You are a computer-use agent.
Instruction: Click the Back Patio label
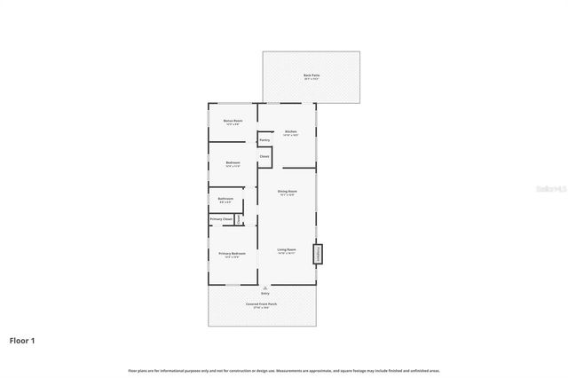pyautogui.click(x=311, y=75)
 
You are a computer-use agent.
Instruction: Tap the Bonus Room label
pyautogui.click(x=233, y=121)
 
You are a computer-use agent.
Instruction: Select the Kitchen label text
pyautogui.click(x=290, y=132)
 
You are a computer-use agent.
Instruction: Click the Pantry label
pyautogui.click(x=264, y=140)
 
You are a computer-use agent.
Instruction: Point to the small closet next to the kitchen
pyautogui.click(x=264, y=157)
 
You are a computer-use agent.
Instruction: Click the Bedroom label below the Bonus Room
pyautogui.click(x=233, y=163)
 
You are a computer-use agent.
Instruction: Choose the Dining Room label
pyautogui.click(x=287, y=192)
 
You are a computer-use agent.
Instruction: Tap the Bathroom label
pyautogui.click(x=226, y=199)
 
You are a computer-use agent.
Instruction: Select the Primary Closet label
pyautogui.click(x=222, y=218)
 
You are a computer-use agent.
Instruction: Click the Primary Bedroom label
pyautogui.click(x=233, y=255)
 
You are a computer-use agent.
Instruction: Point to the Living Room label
pyautogui.click(x=286, y=250)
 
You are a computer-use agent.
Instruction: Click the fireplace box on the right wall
pyautogui.click(x=316, y=254)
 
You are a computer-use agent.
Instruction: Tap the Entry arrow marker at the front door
pyautogui.click(x=264, y=289)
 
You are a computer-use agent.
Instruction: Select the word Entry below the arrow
pyautogui.click(x=264, y=295)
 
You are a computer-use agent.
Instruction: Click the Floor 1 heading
pyautogui.click(x=23, y=340)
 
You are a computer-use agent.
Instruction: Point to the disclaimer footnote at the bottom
pyautogui.click(x=284, y=370)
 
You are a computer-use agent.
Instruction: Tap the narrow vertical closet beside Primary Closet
pyautogui.click(x=238, y=218)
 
